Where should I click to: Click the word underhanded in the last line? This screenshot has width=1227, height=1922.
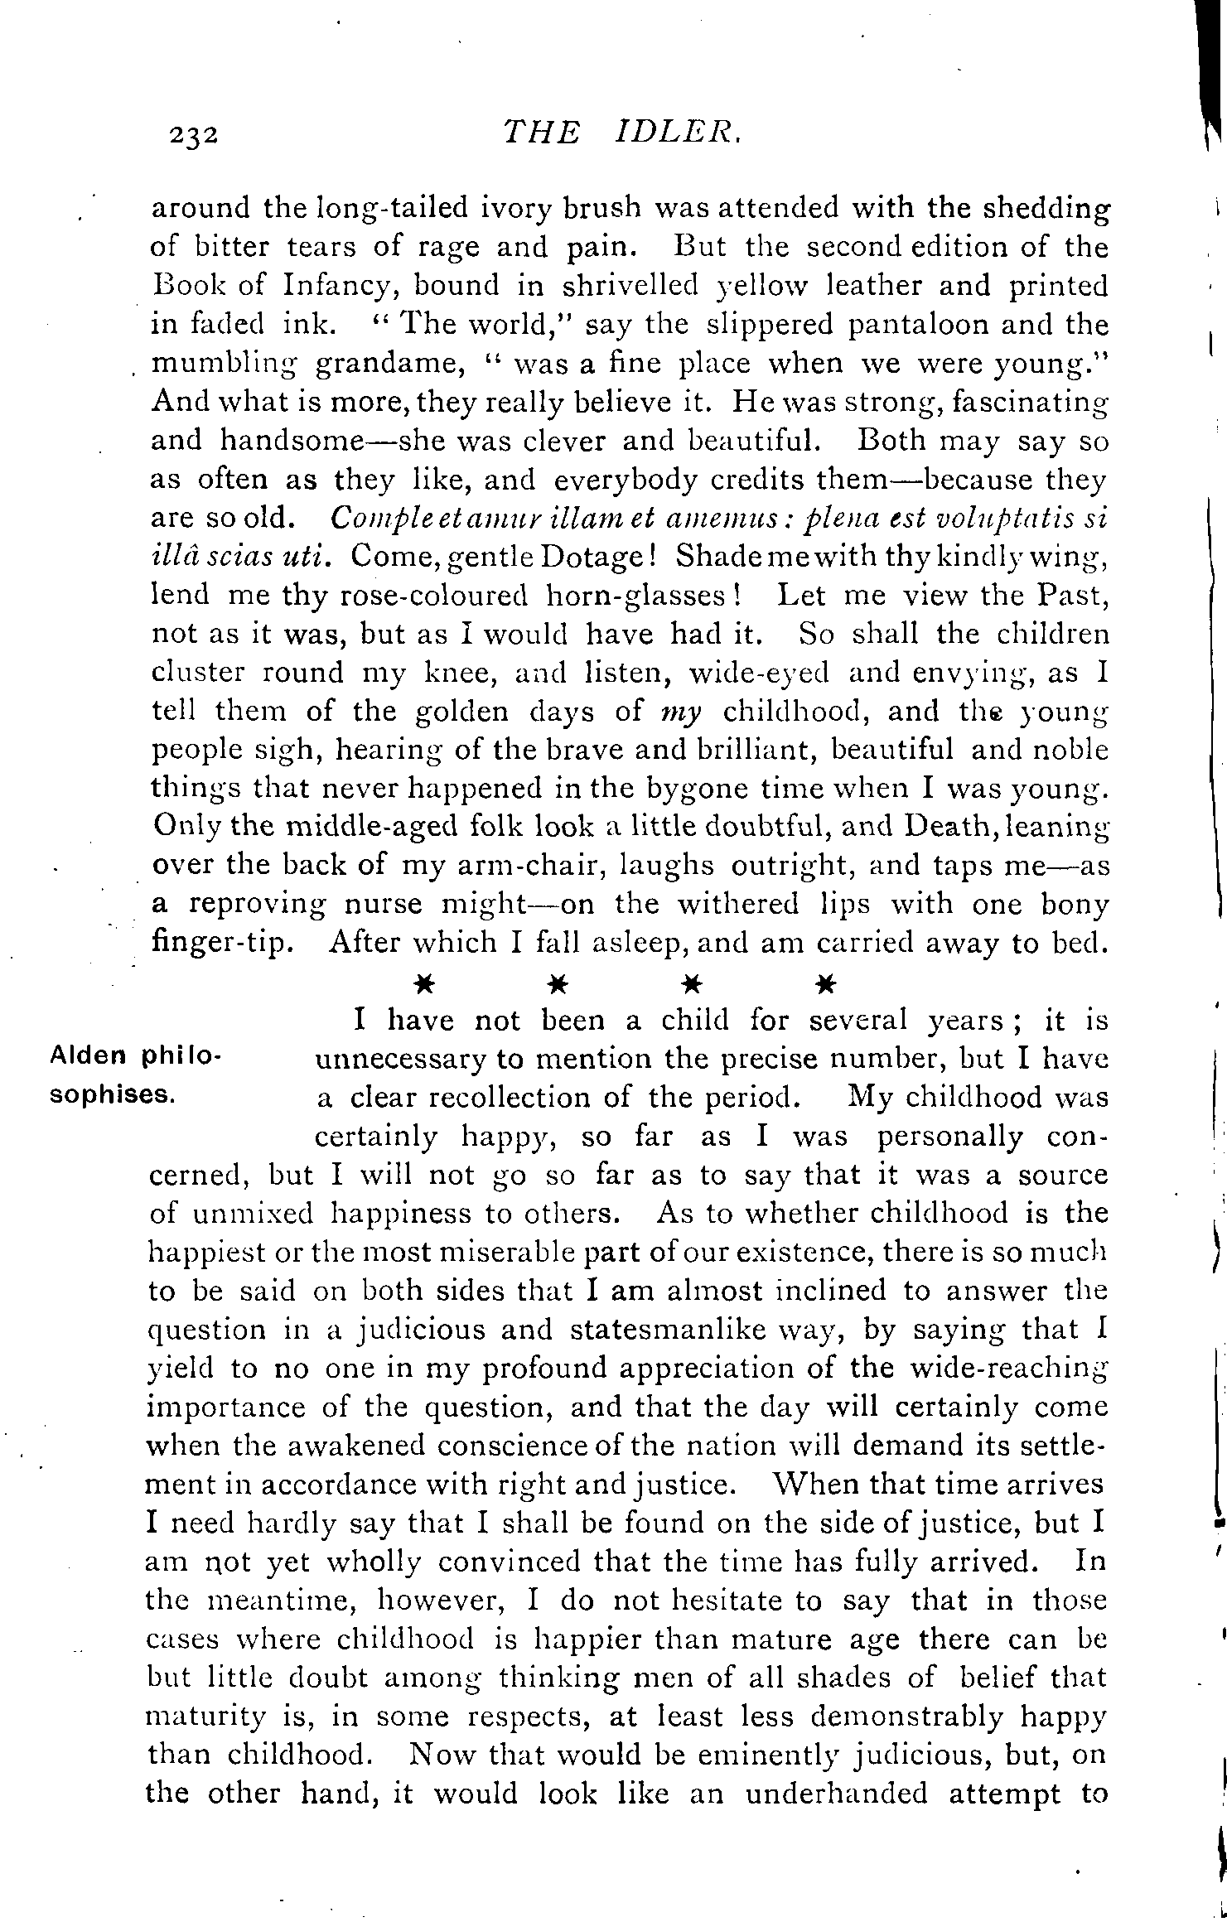[838, 1794]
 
